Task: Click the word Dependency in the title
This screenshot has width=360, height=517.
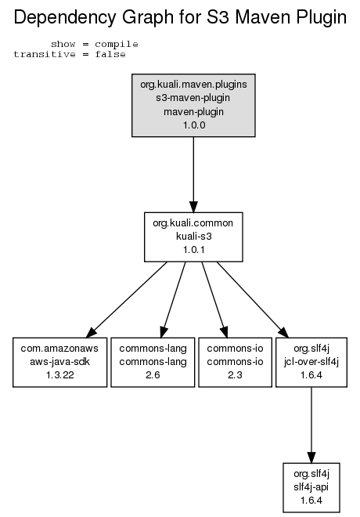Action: pyautogui.click(x=65, y=17)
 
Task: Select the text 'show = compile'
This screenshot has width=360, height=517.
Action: pyautogui.click(x=94, y=44)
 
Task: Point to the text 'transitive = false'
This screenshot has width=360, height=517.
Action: pyautogui.click(x=70, y=54)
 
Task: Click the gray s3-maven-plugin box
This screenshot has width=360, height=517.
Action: pyautogui.click(x=193, y=105)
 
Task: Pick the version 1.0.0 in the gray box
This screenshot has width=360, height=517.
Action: pyautogui.click(x=194, y=125)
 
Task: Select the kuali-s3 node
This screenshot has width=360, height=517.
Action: pyautogui.click(x=193, y=237)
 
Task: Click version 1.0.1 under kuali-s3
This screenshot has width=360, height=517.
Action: pyautogui.click(x=193, y=250)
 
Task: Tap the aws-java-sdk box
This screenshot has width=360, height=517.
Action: pyautogui.click(x=60, y=362)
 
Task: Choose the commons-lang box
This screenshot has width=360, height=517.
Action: pyautogui.click(x=153, y=362)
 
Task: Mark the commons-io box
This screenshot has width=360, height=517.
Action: pyautogui.click(x=235, y=362)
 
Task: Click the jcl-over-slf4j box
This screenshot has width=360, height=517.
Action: pyautogui.click(x=311, y=362)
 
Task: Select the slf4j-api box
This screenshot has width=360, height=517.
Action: pyautogui.click(x=311, y=487)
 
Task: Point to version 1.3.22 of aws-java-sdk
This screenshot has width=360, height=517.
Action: pyautogui.click(x=60, y=375)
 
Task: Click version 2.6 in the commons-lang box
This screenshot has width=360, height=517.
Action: pyautogui.click(x=153, y=375)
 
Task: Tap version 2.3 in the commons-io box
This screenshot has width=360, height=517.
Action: pyautogui.click(x=235, y=375)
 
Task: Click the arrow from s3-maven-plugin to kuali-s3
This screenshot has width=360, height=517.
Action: pyautogui.click(x=193, y=175)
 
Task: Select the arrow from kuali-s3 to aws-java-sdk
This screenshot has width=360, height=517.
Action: pyautogui.click(x=126, y=300)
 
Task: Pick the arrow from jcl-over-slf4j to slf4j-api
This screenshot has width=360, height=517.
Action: pyautogui.click(x=311, y=425)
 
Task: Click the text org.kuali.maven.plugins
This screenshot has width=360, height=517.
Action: pyautogui.click(x=193, y=85)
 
